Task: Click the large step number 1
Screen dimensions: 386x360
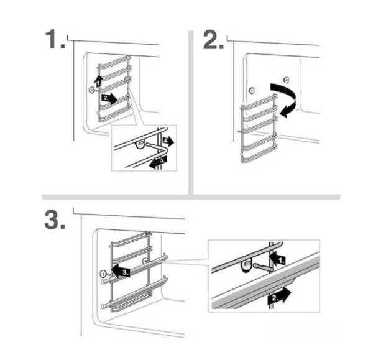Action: (55, 39)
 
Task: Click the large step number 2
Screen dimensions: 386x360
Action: (213, 39)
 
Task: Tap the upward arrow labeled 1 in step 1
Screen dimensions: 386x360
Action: (98, 81)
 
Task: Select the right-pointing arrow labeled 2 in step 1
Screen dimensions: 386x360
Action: (109, 98)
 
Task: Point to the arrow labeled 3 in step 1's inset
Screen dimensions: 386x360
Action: (158, 162)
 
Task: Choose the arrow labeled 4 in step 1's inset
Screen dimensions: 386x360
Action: (168, 141)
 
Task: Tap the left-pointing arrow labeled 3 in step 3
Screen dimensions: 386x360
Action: (121, 271)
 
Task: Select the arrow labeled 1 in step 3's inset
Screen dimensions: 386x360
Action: (277, 259)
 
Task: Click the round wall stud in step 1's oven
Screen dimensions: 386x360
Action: (91, 90)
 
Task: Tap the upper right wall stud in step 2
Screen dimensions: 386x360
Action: (285, 80)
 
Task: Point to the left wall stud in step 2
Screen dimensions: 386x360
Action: (252, 91)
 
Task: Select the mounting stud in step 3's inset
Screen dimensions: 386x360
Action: (246, 265)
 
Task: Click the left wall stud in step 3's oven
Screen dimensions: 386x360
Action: (103, 274)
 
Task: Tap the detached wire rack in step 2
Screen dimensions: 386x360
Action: (259, 128)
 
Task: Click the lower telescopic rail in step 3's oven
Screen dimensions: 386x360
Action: (135, 293)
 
